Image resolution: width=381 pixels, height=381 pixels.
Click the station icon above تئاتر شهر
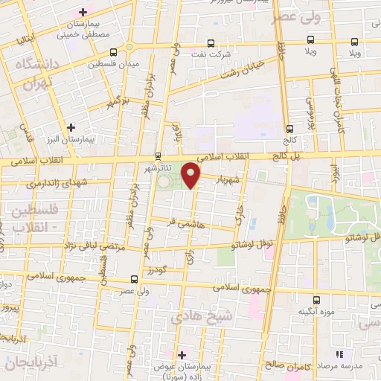tap(158, 156)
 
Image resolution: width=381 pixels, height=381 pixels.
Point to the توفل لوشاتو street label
tap(252, 243)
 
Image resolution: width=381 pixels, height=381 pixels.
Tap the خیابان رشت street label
tap(237, 74)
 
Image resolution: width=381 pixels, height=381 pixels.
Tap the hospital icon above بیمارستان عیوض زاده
tap(181, 354)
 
